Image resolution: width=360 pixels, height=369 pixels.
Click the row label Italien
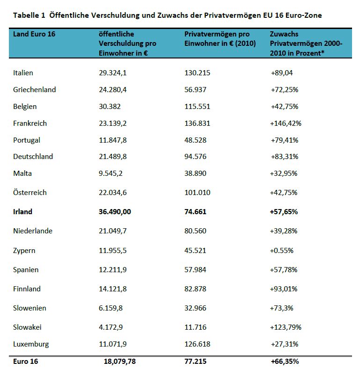(x=23, y=73)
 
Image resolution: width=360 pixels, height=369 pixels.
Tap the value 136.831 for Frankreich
(x=198, y=123)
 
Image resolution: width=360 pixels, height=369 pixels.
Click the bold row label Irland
(x=23, y=211)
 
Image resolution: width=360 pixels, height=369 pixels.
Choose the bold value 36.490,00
(x=115, y=211)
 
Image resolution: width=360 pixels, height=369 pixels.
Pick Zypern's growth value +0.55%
(x=282, y=250)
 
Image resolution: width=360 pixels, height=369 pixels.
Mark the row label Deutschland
(x=33, y=157)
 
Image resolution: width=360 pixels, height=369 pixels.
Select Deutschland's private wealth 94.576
(x=196, y=157)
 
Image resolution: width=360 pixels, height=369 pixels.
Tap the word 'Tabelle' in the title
(x=26, y=15)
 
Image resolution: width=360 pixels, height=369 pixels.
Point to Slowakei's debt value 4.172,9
(x=111, y=327)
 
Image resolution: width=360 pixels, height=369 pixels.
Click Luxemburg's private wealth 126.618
(x=198, y=345)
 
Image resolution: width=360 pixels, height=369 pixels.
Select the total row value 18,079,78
(x=117, y=362)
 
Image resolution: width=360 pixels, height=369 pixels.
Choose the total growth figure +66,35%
(x=285, y=362)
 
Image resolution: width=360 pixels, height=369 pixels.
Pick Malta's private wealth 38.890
(x=196, y=174)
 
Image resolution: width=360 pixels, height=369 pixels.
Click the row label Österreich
(x=30, y=192)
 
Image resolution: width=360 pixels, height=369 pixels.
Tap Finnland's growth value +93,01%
(x=284, y=289)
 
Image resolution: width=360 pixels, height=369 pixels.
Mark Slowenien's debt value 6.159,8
(x=111, y=308)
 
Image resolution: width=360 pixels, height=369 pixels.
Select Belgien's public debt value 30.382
(x=110, y=107)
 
